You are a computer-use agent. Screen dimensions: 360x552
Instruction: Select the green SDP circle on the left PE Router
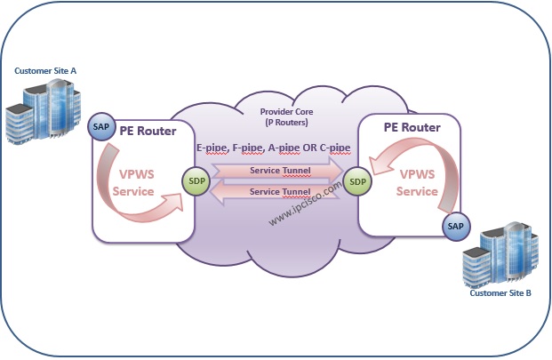click(195, 181)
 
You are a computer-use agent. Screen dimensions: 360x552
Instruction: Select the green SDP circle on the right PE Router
click(357, 181)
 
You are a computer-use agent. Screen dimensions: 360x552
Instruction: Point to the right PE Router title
click(412, 126)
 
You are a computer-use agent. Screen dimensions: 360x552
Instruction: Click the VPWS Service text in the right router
click(417, 183)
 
